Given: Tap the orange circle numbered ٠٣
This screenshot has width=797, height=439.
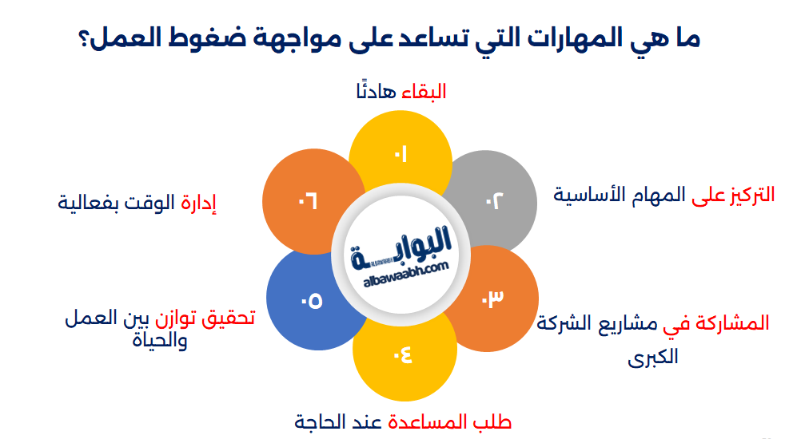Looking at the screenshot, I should (492, 299).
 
